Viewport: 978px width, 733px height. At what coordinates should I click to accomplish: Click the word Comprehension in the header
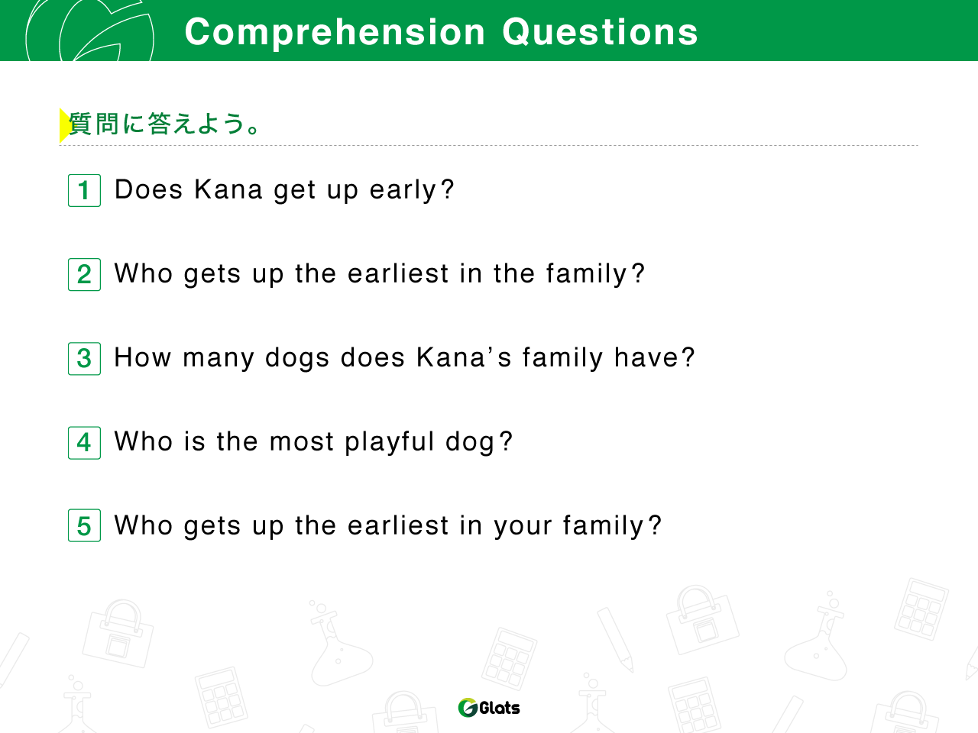pyautogui.click(x=335, y=33)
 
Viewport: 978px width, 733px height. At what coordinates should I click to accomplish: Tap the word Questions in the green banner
pyautogui.click(x=600, y=32)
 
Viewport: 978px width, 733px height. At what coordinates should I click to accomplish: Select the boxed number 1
pyautogui.click(x=84, y=190)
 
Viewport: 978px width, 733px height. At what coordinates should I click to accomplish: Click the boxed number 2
pyautogui.click(x=84, y=275)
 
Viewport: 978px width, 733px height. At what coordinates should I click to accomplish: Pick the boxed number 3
pyautogui.click(x=84, y=359)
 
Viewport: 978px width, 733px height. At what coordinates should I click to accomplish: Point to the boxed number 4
pyautogui.click(x=84, y=443)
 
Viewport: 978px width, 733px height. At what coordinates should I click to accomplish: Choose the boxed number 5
pyautogui.click(x=84, y=525)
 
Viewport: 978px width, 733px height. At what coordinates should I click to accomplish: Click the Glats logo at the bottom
pyautogui.click(x=489, y=708)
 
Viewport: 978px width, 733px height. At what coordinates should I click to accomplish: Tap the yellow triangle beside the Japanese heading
pyautogui.click(x=65, y=125)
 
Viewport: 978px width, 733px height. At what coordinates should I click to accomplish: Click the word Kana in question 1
pyautogui.click(x=228, y=189)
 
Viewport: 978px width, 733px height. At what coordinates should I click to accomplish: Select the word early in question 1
pyautogui.click(x=403, y=190)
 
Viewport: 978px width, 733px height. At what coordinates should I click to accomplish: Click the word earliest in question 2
pyautogui.click(x=398, y=273)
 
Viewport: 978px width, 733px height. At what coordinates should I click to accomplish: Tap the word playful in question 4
pyautogui.click(x=390, y=442)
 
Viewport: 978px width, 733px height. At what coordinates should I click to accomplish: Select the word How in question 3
pyautogui.click(x=143, y=357)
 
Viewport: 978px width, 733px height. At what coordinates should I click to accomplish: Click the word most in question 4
pyautogui.click(x=302, y=442)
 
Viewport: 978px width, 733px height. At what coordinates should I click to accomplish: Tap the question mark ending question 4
pyautogui.click(x=506, y=441)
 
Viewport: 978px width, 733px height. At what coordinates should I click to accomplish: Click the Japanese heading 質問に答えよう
pyautogui.click(x=164, y=124)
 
